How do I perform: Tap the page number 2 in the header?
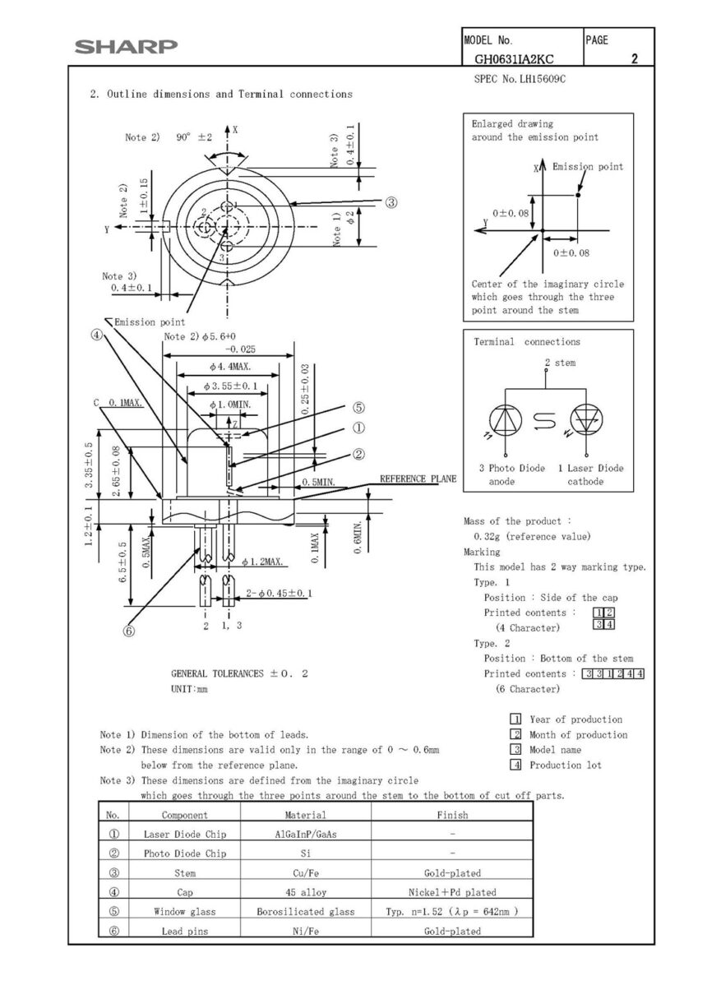point(634,59)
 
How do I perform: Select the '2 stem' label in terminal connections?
point(559,363)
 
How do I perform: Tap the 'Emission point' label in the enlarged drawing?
point(587,167)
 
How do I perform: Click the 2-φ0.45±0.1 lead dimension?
point(280,593)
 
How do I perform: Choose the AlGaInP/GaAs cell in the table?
point(305,834)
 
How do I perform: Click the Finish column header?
point(451,815)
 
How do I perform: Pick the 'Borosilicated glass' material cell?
point(305,912)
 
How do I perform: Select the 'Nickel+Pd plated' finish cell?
point(451,892)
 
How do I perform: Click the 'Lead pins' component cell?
point(184,932)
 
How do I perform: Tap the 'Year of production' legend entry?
point(575,719)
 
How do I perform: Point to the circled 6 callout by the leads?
point(128,631)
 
